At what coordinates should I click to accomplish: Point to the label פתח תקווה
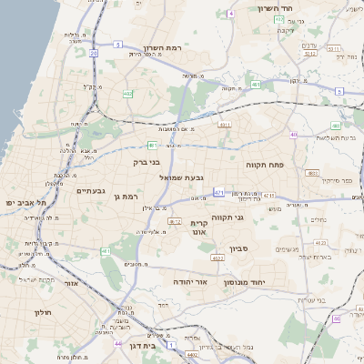click(x=266, y=166)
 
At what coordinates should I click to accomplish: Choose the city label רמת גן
click(x=121, y=196)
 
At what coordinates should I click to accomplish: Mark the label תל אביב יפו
click(x=24, y=202)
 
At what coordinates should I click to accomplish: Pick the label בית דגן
click(x=139, y=346)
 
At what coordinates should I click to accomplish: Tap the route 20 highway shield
click(x=94, y=54)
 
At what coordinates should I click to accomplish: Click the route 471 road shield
click(x=218, y=192)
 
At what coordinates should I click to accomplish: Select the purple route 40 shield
click(x=294, y=135)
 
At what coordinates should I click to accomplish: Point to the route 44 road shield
click(x=118, y=343)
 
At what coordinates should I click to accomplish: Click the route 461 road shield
click(x=256, y=85)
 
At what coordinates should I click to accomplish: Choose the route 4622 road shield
click(x=217, y=258)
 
